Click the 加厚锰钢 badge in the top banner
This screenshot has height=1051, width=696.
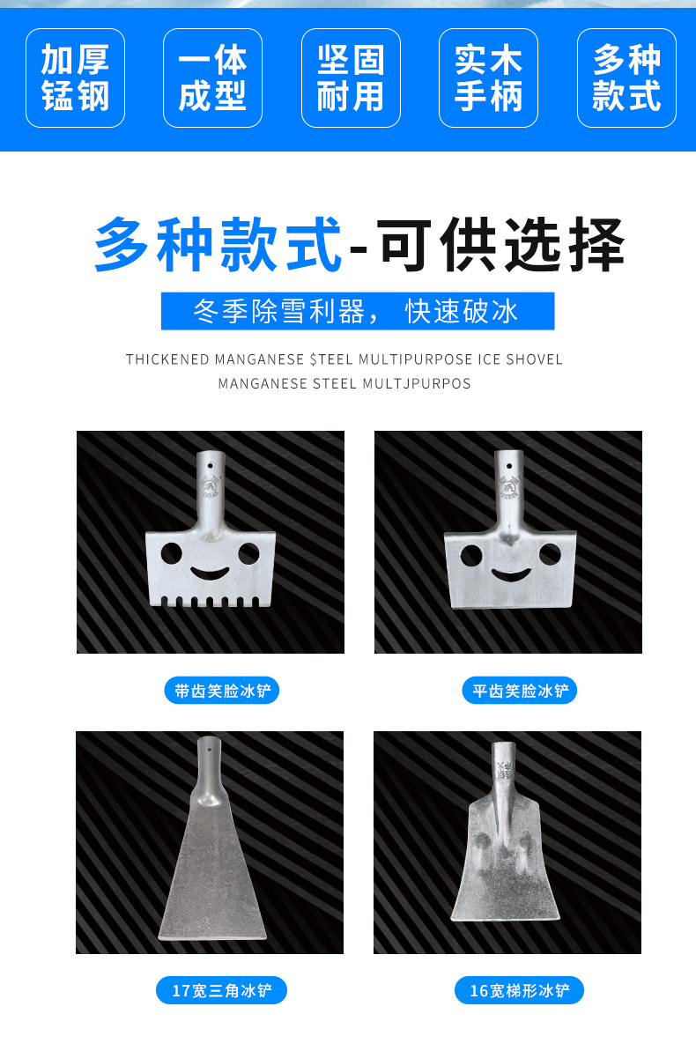click(75, 78)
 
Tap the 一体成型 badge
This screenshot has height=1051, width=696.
click(212, 78)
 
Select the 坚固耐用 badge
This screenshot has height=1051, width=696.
click(351, 78)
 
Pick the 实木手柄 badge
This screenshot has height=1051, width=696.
click(488, 78)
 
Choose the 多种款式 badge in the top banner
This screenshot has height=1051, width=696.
click(626, 78)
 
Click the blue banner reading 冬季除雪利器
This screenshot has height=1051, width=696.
click(357, 311)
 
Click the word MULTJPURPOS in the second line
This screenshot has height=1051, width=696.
click(417, 383)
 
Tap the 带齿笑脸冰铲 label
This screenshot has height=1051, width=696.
click(221, 691)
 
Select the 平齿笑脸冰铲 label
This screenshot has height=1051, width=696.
click(519, 691)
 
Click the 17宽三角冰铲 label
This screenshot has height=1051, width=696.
click(222, 990)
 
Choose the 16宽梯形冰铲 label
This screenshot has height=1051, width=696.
click(519, 990)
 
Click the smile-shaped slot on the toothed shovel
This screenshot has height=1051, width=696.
click(210, 574)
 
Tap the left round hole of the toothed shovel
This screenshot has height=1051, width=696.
click(171, 553)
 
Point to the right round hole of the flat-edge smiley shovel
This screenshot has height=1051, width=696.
click(550, 554)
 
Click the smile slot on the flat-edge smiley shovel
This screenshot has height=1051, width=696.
click(508, 575)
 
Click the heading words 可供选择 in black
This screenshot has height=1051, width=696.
click(501, 244)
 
